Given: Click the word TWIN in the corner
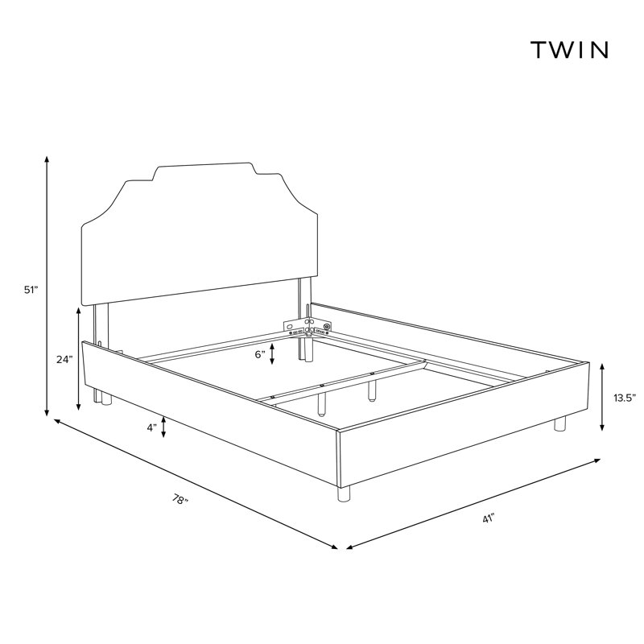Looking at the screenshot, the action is (x=569, y=50).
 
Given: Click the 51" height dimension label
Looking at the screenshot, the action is (x=31, y=290).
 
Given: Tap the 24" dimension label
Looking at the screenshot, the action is (x=64, y=359).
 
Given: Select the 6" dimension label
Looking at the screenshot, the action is (x=260, y=354).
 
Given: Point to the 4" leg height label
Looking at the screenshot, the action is (x=152, y=427).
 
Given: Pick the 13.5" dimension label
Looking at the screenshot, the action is (x=625, y=398).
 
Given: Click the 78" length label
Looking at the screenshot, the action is (x=180, y=499).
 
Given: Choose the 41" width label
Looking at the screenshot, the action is (x=488, y=518).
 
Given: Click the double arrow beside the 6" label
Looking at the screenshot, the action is (x=272, y=354).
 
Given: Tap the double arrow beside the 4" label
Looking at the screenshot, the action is (x=164, y=427).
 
